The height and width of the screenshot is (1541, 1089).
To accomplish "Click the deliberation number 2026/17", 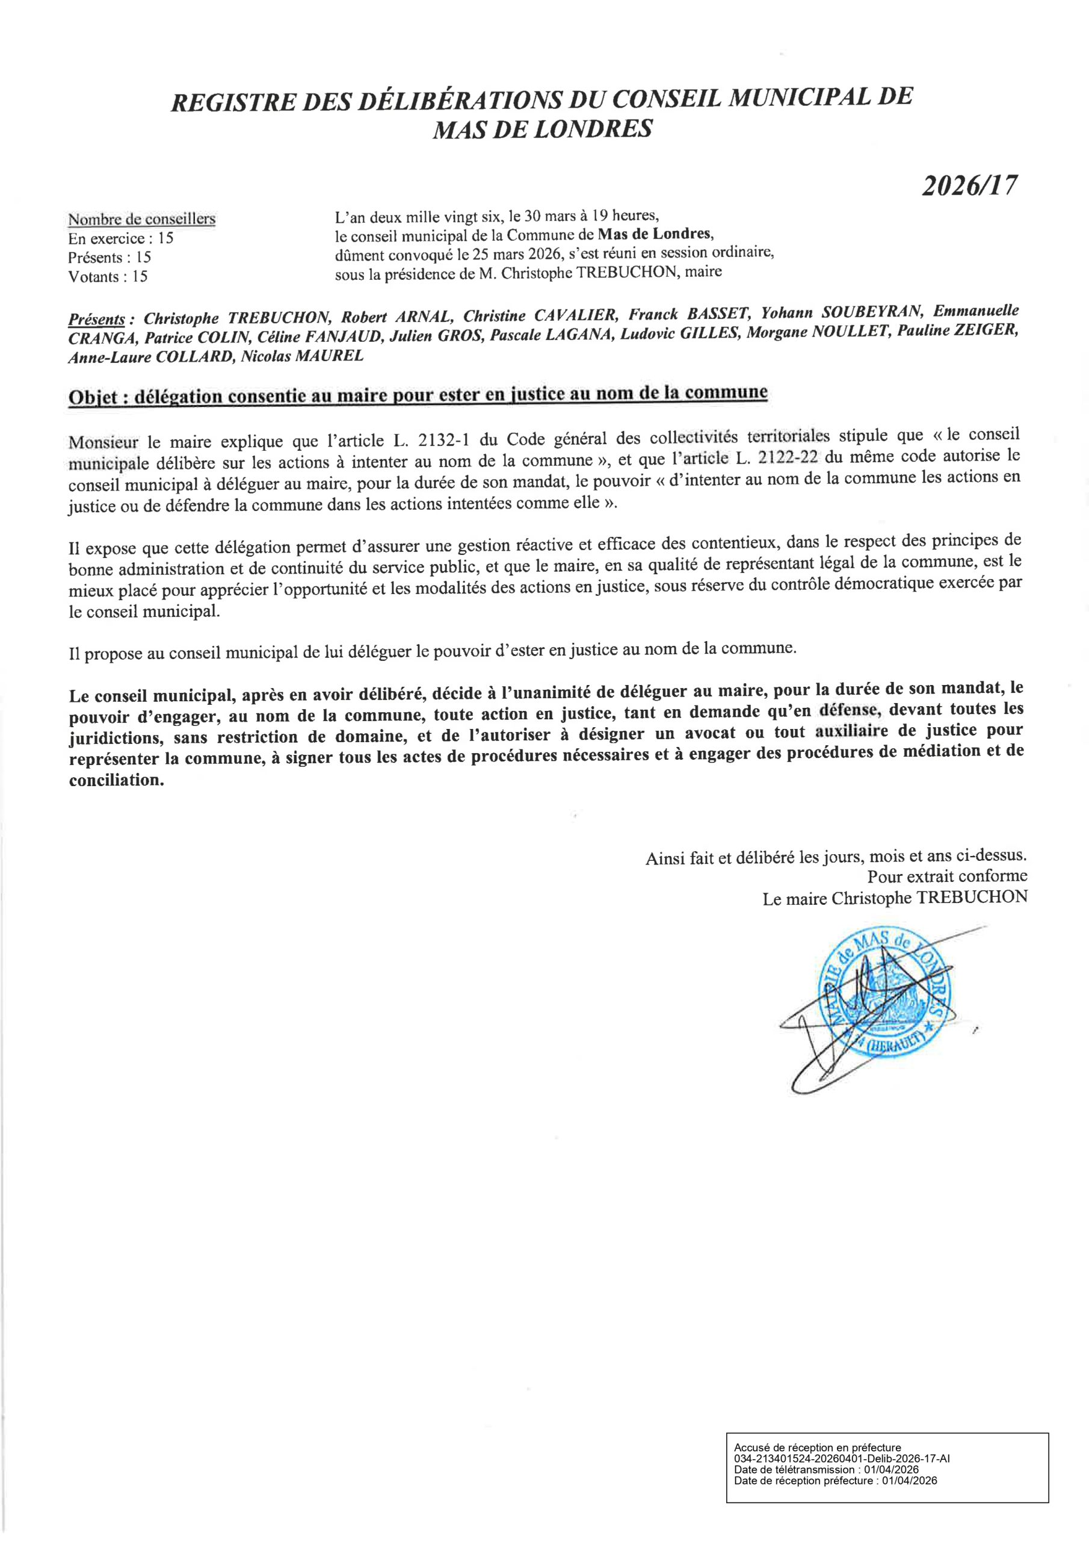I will point(969,185).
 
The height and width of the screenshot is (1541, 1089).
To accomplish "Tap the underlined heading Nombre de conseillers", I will point(141,219).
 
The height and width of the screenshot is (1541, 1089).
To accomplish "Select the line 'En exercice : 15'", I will point(121,238).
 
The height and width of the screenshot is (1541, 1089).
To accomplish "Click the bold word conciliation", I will point(116,782).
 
